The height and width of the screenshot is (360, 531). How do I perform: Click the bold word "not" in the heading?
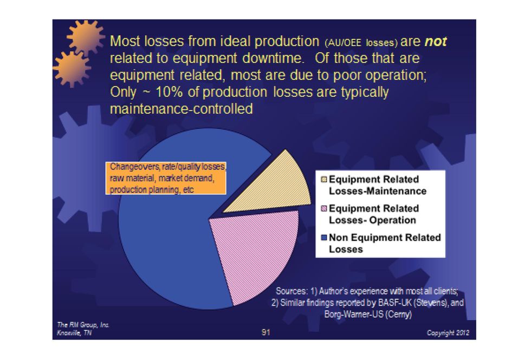click(435, 42)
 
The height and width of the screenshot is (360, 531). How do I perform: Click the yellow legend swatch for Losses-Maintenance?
click(324, 179)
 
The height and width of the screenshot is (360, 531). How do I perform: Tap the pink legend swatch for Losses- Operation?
click(324, 208)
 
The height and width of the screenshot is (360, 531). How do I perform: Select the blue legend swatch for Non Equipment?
click(324, 238)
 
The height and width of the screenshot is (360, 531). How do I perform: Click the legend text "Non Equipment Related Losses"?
click(385, 243)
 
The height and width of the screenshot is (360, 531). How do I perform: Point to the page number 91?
click(266, 332)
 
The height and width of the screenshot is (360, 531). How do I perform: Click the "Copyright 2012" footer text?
click(447, 333)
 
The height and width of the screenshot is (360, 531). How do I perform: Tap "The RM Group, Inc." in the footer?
click(83, 324)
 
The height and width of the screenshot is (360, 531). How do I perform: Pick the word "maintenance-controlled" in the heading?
click(181, 109)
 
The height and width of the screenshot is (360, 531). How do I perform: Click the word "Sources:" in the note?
click(293, 291)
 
